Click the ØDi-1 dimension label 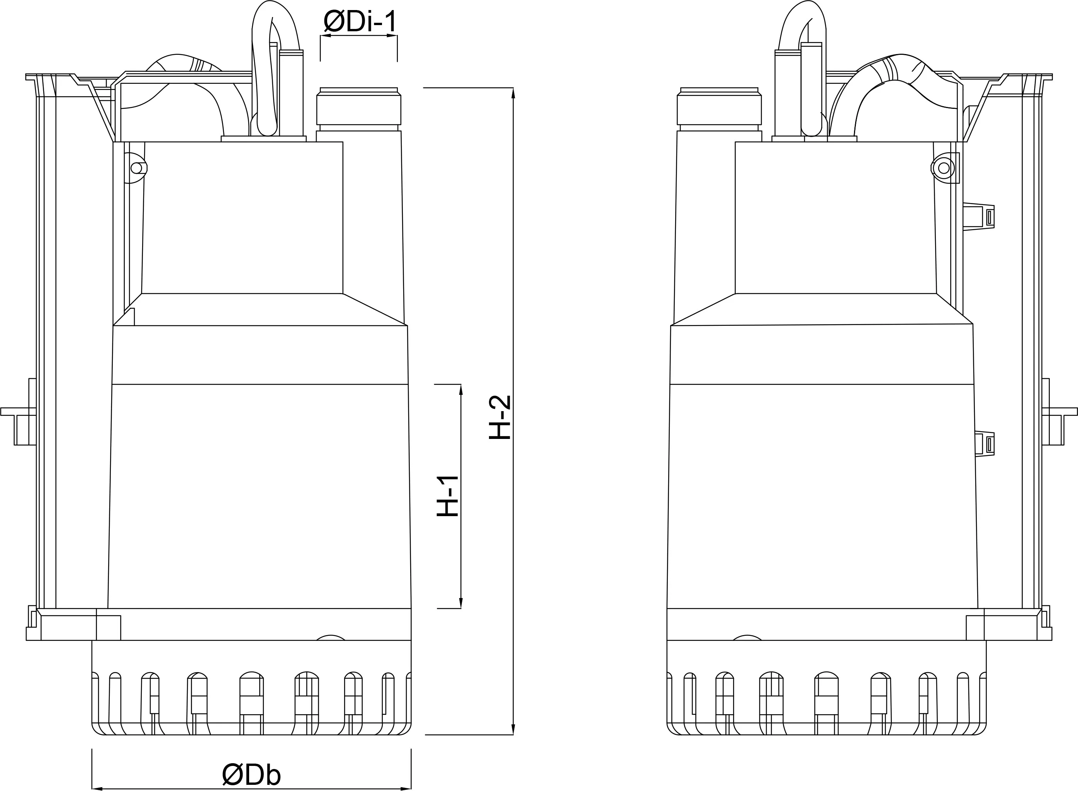pos(360,22)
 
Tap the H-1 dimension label pos(448,496)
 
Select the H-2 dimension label pos(500,417)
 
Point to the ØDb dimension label pos(251,774)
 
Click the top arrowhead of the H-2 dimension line pos(513,93)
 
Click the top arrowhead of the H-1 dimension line pos(461,390)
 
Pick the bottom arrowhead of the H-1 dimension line pos(461,603)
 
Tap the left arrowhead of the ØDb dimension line pos(98,789)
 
